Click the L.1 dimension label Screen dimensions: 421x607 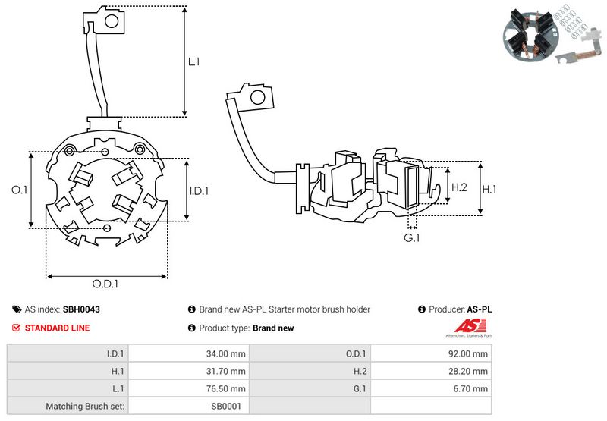(194, 61)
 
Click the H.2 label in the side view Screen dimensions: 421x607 (459, 187)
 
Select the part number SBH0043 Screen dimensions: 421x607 (81, 309)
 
